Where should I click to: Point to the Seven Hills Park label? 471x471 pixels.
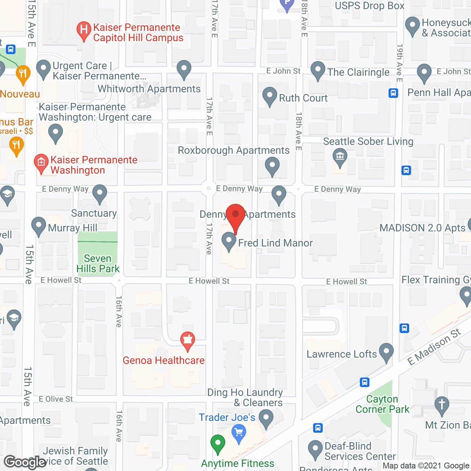[98, 263]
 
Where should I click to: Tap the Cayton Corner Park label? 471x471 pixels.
[382, 404]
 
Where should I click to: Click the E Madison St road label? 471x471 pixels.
[434, 347]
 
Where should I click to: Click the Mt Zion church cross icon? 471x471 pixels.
[442, 405]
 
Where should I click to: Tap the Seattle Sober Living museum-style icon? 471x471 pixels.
[340, 157]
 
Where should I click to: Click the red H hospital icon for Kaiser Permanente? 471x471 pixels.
[84, 30]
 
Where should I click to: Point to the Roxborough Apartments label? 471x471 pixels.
[234, 150]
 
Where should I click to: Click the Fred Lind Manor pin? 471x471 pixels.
[229, 241]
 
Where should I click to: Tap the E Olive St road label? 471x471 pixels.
[56, 399]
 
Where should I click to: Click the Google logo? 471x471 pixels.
[25, 462]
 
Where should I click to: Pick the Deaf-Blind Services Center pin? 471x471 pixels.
[315, 449]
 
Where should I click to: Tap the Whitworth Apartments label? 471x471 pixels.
[149, 89]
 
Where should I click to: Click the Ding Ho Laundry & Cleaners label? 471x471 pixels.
[245, 397]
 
